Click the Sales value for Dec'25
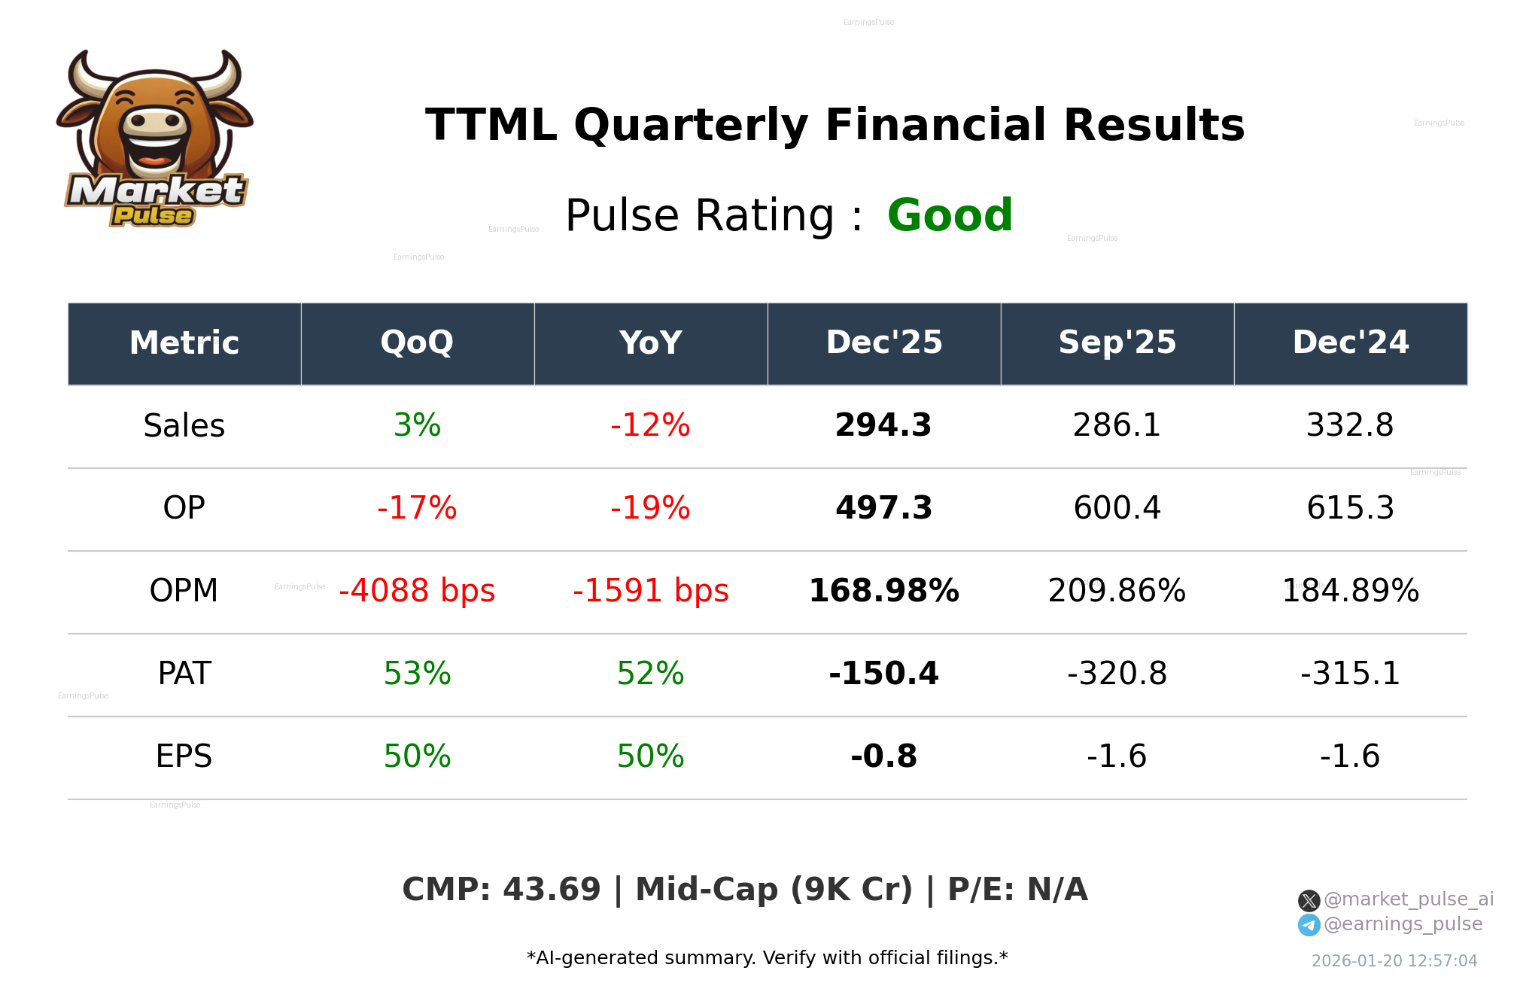[x=883, y=425]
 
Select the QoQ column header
[x=417, y=342]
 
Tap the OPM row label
[x=184, y=591]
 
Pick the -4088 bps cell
[x=417, y=591]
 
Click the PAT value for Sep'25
[x=1117, y=674]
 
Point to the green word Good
[x=950, y=215]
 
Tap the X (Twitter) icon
[x=1309, y=900]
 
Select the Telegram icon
[x=1309, y=925]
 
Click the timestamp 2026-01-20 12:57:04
[x=1394, y=961]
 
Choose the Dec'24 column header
[x=1350, y=342]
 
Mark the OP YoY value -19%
[x=650, y=508]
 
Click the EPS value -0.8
[x=883, y=756]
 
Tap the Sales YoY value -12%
[x=650, y=425]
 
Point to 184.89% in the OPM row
[x=1350, y=591]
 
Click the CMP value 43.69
[x=551, y=890]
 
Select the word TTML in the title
[x=491, y=125]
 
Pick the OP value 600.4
[x=1117, y=508]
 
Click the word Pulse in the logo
[x=153, y=216]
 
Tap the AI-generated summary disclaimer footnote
[x=767, y=958]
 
